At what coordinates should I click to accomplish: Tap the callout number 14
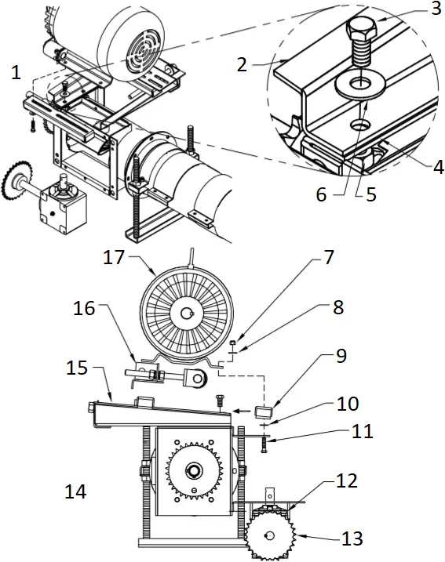(x=76, y=492)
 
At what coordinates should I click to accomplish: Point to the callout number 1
(x=16, y=73)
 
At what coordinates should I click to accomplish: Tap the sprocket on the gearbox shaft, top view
(x=17, y=178)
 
